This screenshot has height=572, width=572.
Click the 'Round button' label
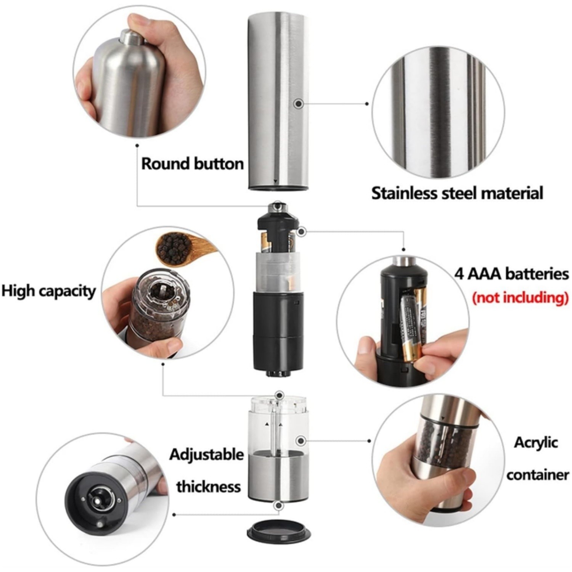tap(192, 164)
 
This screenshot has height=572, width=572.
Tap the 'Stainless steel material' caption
tap(457, 193)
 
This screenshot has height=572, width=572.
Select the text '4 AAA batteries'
tap(511, 274)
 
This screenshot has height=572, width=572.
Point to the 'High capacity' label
tap(48, 291)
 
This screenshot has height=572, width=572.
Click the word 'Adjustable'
tap(206, 455)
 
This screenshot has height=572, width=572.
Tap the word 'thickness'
tap(208, 487)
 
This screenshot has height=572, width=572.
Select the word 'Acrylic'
tap(535, 443)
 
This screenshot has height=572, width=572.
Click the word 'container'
tap(537, 475)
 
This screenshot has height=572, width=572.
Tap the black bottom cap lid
tap(278, 531)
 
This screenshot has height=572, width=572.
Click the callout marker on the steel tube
tap(299, 103)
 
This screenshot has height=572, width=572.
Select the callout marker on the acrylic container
tap(301, 441)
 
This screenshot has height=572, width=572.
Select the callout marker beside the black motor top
tap(302, 231)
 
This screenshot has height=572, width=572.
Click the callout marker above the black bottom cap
tap(279, 506)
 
